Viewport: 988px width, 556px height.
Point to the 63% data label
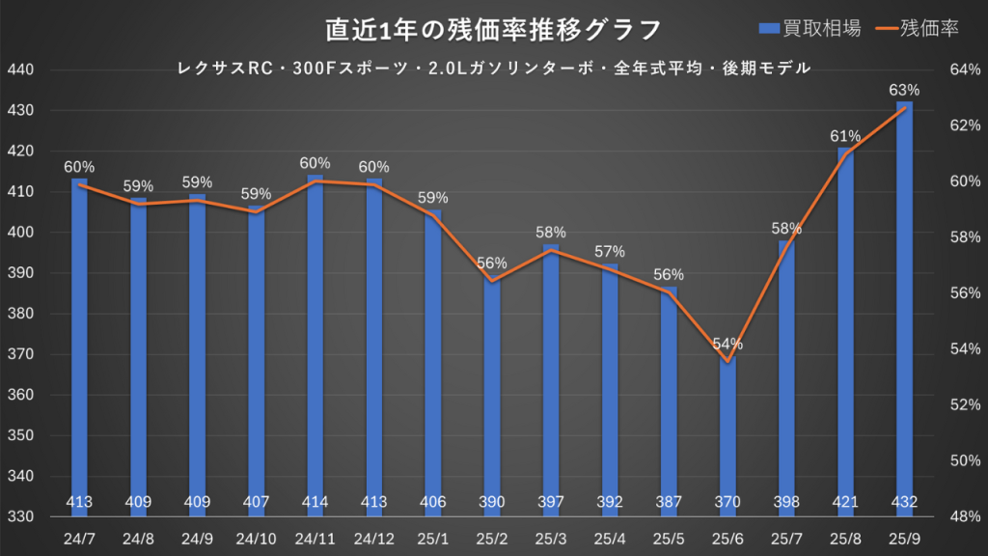click(x=904, y=91)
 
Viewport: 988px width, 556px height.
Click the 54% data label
click(x=727, y=344)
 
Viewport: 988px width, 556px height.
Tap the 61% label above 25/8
click(x=846, y=136)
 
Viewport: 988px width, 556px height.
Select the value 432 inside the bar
click(x=904, y=502)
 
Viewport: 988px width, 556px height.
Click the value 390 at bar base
click(x=492, y=502)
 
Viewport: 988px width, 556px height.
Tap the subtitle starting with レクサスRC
click(x=493, y=69)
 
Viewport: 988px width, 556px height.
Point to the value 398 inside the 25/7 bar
click(x=786, y=502)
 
